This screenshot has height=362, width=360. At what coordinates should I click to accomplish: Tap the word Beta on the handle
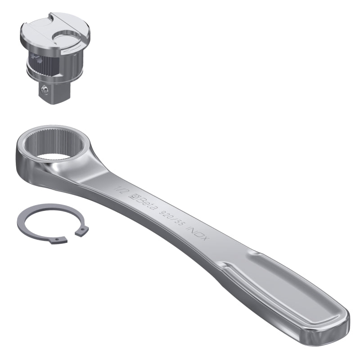tap(145, 201)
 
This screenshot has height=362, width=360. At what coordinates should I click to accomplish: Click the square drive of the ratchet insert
tap(49, 92)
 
